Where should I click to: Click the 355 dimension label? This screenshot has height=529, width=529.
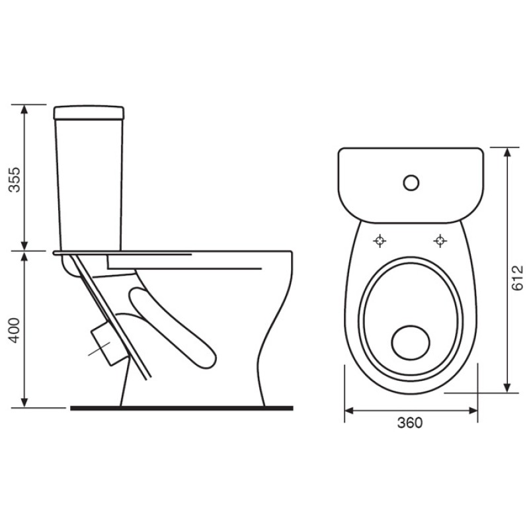15,179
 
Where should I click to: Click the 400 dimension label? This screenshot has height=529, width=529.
15,330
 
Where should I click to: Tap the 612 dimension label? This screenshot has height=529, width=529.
517,278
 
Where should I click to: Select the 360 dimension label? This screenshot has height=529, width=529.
410,423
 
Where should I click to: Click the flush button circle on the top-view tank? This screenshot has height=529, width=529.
411,183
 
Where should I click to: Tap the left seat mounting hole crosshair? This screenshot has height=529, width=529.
380,241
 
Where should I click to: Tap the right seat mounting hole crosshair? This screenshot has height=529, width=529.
440,241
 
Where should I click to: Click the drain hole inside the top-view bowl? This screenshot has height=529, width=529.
411,343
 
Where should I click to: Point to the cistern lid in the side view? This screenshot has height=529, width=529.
89,113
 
